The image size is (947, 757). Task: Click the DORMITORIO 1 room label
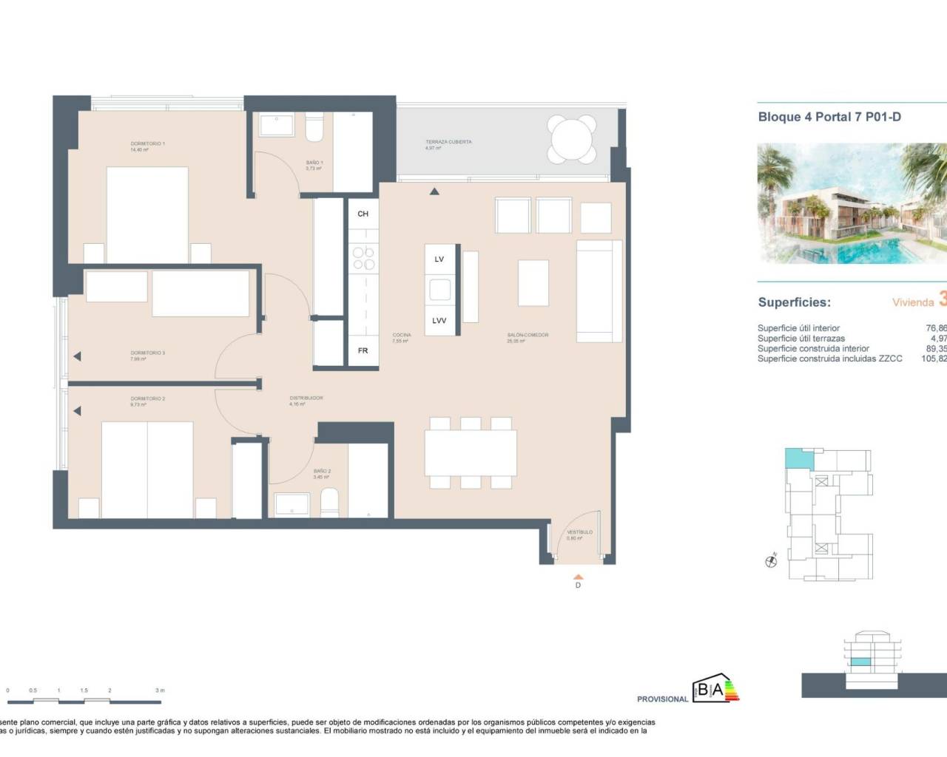pos(147,144)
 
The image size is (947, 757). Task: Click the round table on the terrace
pos(573,138)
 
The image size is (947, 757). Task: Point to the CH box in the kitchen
pos(363,214)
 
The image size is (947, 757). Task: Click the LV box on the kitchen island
pos(439,259)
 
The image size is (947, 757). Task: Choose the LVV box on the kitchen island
pos(439,321)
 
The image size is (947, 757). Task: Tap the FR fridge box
pos(363,350)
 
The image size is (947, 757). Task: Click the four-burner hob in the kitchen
pos(363,258)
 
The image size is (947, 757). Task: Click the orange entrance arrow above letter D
pos(579,575)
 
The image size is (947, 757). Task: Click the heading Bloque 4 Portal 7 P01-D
pos(829,117)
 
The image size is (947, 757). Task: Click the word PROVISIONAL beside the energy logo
pos(662,699)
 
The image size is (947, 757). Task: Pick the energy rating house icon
pos(715,689)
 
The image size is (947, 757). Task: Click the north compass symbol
pos(772,561)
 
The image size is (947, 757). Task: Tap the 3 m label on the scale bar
pos(160,690)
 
